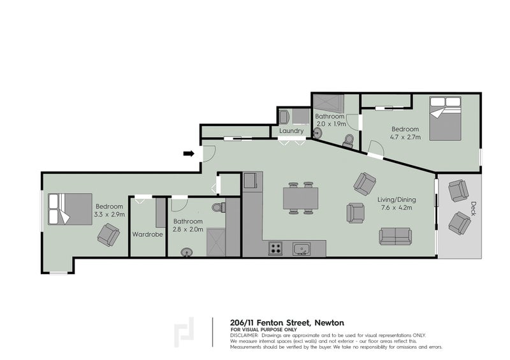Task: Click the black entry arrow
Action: (x=189, y=153)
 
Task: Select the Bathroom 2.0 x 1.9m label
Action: (x=330, y=120)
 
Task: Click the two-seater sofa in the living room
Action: (x=395, y=236)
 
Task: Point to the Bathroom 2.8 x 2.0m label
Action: (x=188, y=226)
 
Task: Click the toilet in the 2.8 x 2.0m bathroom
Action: (x=218, y=207)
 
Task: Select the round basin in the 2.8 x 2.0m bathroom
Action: (x=187, y=251)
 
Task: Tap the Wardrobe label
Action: (x=148, y=234)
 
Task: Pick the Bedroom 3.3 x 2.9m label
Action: (x=110, y=210)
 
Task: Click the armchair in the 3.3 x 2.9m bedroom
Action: (x=108, y=236)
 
